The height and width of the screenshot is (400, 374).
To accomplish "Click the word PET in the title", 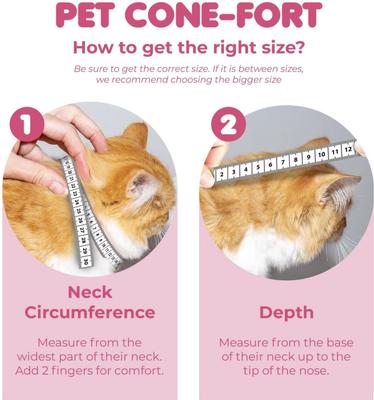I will [91, 16].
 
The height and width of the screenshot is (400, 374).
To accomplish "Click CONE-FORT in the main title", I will [229, 16].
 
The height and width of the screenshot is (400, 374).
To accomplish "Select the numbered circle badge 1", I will [28, 128].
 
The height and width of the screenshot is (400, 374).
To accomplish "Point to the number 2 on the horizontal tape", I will [221, 172].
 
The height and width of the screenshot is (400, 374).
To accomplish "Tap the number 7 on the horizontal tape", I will [283, 161].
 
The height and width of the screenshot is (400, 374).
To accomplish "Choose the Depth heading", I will [286, 312].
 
